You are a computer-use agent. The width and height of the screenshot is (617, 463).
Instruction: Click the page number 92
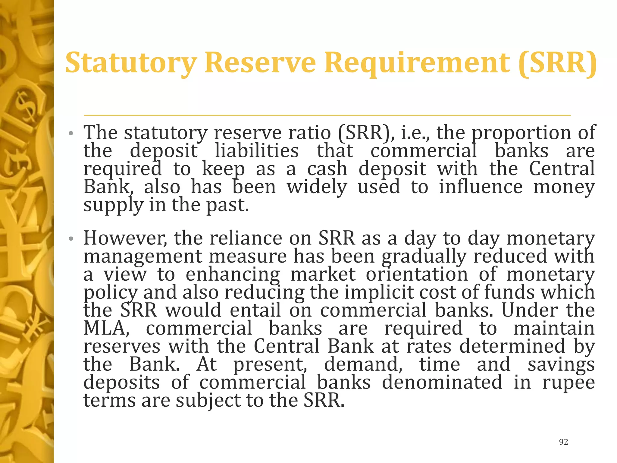563,442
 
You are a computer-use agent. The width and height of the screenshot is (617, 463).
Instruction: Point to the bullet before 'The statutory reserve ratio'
71,133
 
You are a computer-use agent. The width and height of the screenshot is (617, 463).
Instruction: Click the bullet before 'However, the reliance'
71,239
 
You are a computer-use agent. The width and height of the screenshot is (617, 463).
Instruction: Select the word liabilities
257,151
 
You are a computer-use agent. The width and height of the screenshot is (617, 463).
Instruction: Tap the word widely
317,187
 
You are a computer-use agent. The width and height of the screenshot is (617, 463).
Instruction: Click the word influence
481,187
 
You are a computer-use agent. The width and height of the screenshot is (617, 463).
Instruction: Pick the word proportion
521,133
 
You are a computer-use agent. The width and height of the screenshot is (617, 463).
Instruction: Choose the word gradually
424,256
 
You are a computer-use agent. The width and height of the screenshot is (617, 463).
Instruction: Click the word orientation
417,274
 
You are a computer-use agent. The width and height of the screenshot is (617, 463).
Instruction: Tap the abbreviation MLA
106,328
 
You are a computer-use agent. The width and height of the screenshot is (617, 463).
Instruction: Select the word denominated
442,382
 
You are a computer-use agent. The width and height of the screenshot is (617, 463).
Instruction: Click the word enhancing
233,275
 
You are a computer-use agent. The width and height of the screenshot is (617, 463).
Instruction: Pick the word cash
327,169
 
